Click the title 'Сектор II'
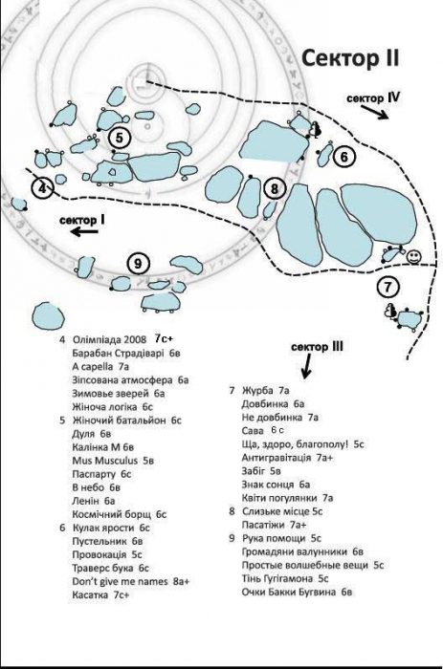350,58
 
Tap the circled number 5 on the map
120,138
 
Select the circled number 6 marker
344,157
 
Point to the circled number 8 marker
274,188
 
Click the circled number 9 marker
138,264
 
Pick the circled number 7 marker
388,287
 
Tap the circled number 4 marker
43,187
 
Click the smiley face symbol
413,256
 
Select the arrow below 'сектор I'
84,231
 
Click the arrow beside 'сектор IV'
375,112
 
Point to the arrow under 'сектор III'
306,366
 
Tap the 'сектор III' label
317,347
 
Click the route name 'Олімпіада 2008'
110,340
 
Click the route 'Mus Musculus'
105,461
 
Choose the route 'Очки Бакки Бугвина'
289,592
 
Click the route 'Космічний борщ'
112,514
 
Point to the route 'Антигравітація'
277,458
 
